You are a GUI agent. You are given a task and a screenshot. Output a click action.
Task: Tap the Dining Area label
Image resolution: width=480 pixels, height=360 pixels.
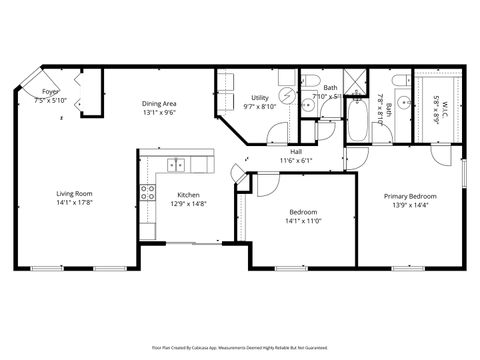(159, 104)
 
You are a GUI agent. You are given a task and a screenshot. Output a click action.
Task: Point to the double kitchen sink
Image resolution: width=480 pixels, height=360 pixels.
(176, 164)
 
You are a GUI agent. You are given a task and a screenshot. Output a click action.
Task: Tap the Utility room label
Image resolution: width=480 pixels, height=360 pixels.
(259, 98)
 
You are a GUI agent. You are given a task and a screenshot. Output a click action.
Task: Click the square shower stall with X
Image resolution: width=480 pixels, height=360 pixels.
(354, 83)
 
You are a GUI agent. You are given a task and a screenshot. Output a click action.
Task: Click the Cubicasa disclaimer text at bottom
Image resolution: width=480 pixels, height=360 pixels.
(240, 347)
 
